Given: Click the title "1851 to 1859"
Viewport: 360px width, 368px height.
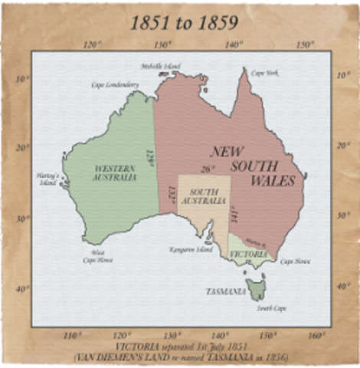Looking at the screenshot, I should click(183, 23).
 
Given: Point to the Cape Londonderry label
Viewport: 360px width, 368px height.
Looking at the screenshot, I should click(115, 84).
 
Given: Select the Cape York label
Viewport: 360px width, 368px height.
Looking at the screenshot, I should click(264, 73).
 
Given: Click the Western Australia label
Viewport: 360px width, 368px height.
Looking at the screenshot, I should click(115, 172).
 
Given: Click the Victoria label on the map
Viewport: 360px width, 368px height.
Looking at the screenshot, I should click(249, 254).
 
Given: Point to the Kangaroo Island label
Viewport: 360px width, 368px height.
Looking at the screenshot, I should click(185, 250).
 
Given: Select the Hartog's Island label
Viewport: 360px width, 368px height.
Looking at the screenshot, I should click(47, 179).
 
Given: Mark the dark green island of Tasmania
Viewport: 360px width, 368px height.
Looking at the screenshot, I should click(255, 290).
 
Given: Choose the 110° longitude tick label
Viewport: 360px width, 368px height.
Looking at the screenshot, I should click(73, 335).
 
